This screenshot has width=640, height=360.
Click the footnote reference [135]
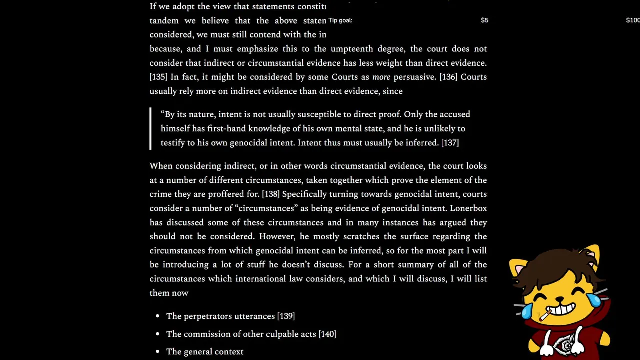click(158, 77)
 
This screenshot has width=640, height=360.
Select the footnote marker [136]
click(448, 77)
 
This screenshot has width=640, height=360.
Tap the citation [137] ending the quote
click(450, 143)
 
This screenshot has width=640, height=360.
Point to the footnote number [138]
click(271, 194)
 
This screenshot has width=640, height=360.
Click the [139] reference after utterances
click(286, 316)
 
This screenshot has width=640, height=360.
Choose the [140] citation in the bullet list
click(327, 334)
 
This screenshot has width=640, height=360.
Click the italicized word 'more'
click(381, 77)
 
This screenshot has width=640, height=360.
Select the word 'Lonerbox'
click(468, 208)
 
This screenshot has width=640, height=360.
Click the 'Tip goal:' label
click(340, 20)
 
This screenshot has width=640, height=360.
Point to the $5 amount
click(484, 20)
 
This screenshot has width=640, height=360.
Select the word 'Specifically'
click(306, 194)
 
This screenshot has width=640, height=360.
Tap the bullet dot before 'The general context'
click(157, 352)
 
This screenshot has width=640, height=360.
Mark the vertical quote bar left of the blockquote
click(150, 128)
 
